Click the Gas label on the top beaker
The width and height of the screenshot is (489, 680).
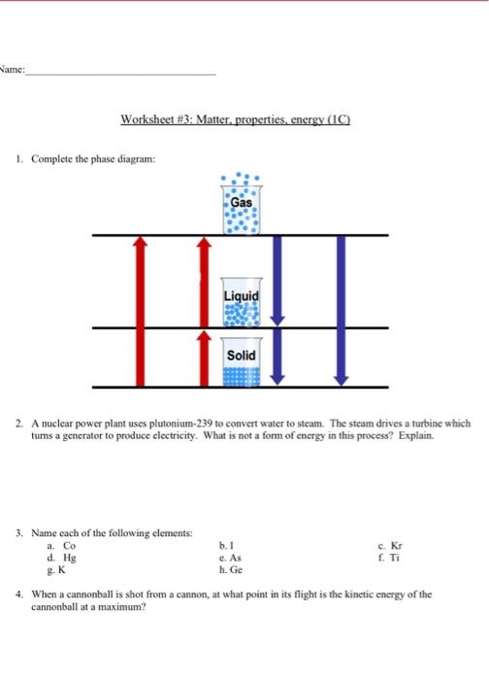point(242,202)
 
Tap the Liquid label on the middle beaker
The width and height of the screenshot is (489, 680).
point(242,295)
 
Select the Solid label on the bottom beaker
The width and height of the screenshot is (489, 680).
point(242,356)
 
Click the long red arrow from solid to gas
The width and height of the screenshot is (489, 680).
point(140,311)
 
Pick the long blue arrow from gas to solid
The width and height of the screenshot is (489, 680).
point(340,311)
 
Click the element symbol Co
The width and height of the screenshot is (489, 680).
point(56,546)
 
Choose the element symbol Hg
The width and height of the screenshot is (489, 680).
point(56,559)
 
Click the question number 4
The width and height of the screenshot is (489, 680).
point(20,593)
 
